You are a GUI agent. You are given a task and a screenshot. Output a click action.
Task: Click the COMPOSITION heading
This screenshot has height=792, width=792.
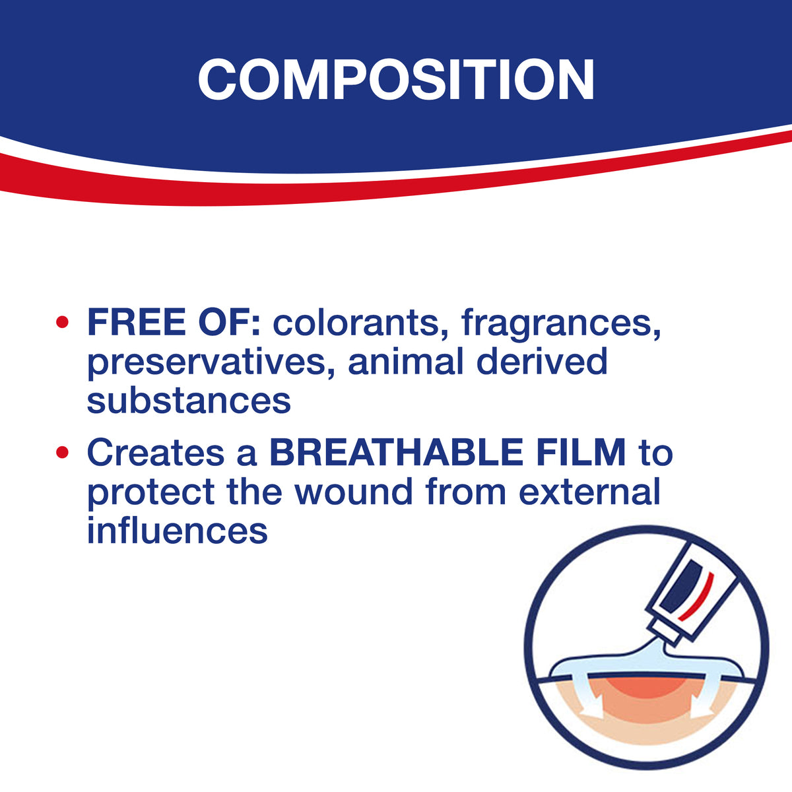click(x=396, y=79)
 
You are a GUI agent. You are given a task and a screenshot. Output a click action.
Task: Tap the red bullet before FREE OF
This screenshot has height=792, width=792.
click(x=62, y=323)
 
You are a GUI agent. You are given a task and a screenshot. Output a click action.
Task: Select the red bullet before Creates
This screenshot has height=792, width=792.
click(x=62, y=453)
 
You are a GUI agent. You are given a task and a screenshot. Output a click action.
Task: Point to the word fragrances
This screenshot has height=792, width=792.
click(x=561, y=325)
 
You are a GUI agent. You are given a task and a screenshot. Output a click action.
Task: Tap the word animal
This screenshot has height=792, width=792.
click(x=406, y=361)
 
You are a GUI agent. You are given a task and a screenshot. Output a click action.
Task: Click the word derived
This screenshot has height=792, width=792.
click(x=542, y=361)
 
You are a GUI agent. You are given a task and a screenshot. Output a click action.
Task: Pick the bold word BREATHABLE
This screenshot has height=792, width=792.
click(x=396, y=453)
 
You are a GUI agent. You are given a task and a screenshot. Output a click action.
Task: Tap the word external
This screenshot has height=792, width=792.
click(x=589, y=491)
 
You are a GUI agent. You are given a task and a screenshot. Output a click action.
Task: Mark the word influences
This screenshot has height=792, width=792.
click(x=177, y=529)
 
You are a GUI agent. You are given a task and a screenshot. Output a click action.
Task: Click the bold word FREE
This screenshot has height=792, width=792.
click(x=137, y=323)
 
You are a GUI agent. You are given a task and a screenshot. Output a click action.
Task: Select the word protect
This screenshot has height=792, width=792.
click(x=151, y=493)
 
